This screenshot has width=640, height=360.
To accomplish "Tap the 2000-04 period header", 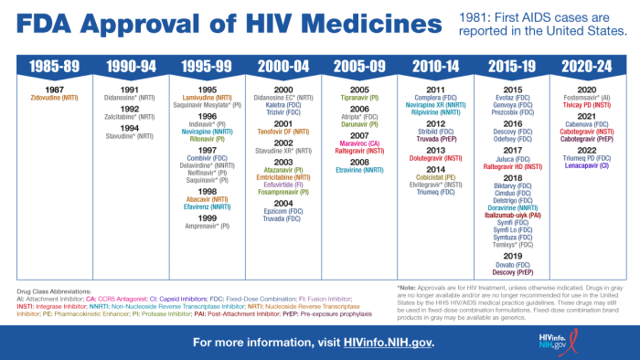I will (x=283, y=67).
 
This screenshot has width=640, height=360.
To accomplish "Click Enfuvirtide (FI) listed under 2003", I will (x=283, y=184).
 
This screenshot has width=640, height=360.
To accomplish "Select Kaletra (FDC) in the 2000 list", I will (x=283, y=103).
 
